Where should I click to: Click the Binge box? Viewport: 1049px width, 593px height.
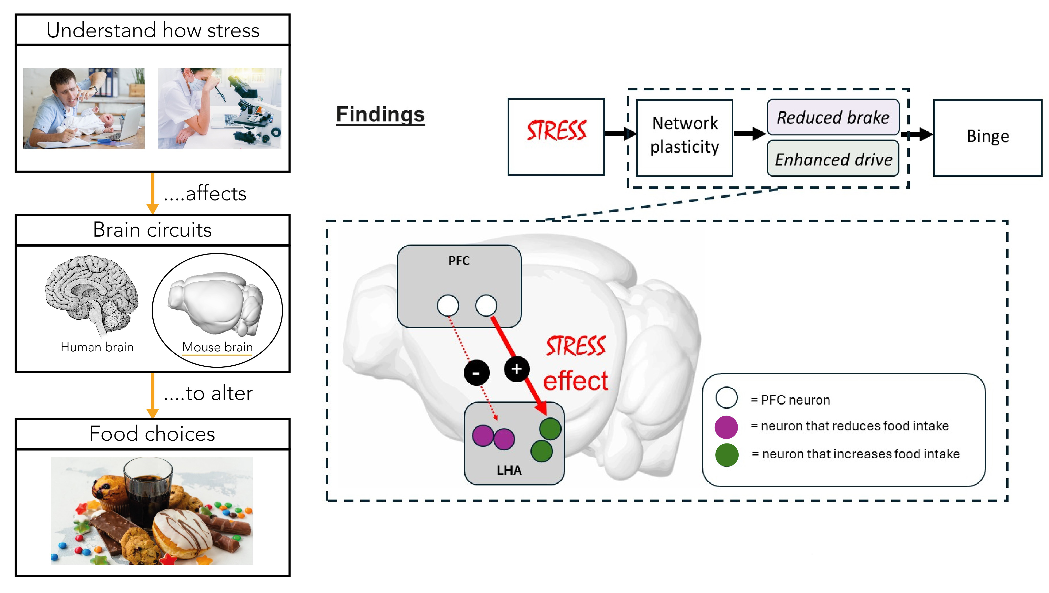click(988, 137)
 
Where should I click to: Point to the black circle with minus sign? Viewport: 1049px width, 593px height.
click(476, 372)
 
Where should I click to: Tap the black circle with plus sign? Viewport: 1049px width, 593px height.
click(517, 369)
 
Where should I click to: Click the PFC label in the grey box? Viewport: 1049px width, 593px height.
click(459, 261)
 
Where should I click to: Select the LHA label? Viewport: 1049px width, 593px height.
click(509, 470)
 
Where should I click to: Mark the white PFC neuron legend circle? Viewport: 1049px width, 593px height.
click(726, 398)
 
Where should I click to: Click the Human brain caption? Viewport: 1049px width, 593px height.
click(97, 347)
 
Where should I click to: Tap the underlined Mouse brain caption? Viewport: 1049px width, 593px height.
click(217, 347)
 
